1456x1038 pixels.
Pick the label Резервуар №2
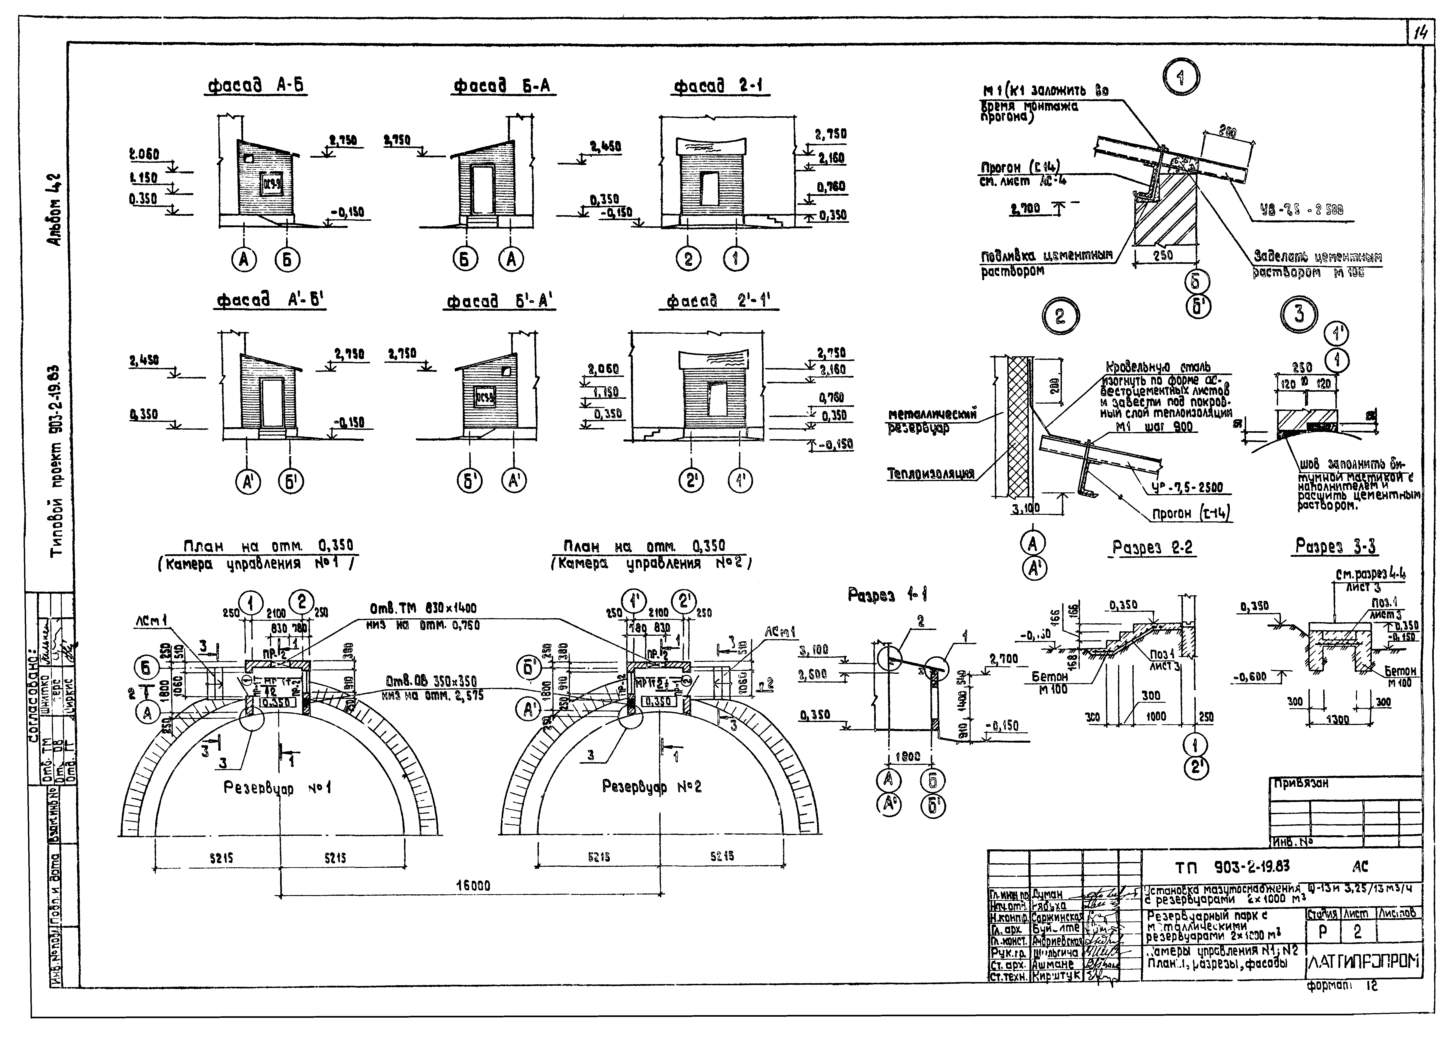pyautogui.click(x=651, y=787)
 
